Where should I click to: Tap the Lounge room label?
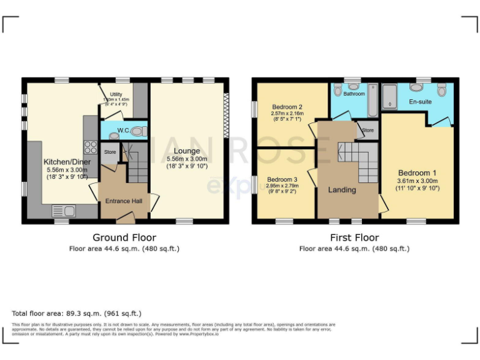click(x=187, y=151)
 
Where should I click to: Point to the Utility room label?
click(x=117, y=94)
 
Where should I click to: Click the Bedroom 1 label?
click(x=414, y=172)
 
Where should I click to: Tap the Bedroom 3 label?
click(x=282, y=179)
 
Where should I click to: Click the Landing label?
click(x=342, y=189)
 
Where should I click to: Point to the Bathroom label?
click(x=354, y=94)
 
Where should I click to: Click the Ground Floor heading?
click(x=124, y=237)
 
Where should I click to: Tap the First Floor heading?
click(x=354, y=237)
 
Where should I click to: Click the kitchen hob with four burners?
click(x=90, y=148)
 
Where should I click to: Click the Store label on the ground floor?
click(x=110, y=152)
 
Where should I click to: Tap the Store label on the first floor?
click(x=367, y=130)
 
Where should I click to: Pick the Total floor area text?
click(x=77, y=313)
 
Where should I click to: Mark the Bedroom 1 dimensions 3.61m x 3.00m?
click(x=414, y=181)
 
